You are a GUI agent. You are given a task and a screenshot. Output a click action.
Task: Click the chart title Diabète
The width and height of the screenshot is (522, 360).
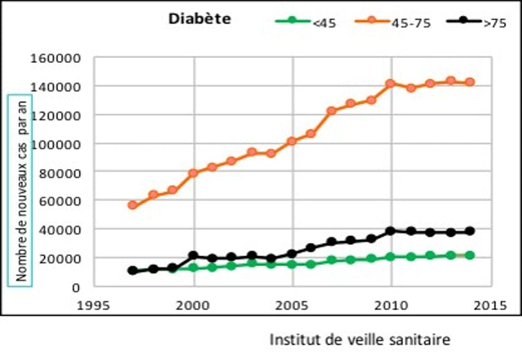(x=199, y=19)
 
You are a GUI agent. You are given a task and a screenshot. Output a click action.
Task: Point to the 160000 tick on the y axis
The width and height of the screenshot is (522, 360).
(x=58, y=58)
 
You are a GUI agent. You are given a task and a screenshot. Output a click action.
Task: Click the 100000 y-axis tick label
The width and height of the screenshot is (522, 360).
(x=58, y=144)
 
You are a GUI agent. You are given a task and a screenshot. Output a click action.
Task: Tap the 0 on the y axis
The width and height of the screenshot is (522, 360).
(x=76, y=287)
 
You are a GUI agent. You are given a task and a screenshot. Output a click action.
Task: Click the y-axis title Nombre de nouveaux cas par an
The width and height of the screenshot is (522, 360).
(x=21, y=188)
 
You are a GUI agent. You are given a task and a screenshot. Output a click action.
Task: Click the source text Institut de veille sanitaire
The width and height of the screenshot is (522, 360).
(x=360, y=340)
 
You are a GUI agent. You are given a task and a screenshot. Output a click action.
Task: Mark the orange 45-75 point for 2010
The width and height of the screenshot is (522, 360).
(x=391, y=84)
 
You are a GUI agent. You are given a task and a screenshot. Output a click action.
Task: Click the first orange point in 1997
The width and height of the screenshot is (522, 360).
(x=133, y=206)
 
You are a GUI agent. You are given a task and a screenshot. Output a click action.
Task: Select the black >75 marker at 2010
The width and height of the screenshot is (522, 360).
(x=391, y=231)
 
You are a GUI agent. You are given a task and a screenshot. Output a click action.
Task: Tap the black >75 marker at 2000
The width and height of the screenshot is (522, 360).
(x=193, y=256)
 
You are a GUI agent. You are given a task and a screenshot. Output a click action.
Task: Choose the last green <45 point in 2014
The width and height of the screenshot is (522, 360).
(x=470, y=255)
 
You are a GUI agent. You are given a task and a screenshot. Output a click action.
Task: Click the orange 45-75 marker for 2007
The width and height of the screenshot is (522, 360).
(x=332, y=111)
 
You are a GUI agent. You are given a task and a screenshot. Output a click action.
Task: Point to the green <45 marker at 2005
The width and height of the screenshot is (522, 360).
(x=292, y=264)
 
